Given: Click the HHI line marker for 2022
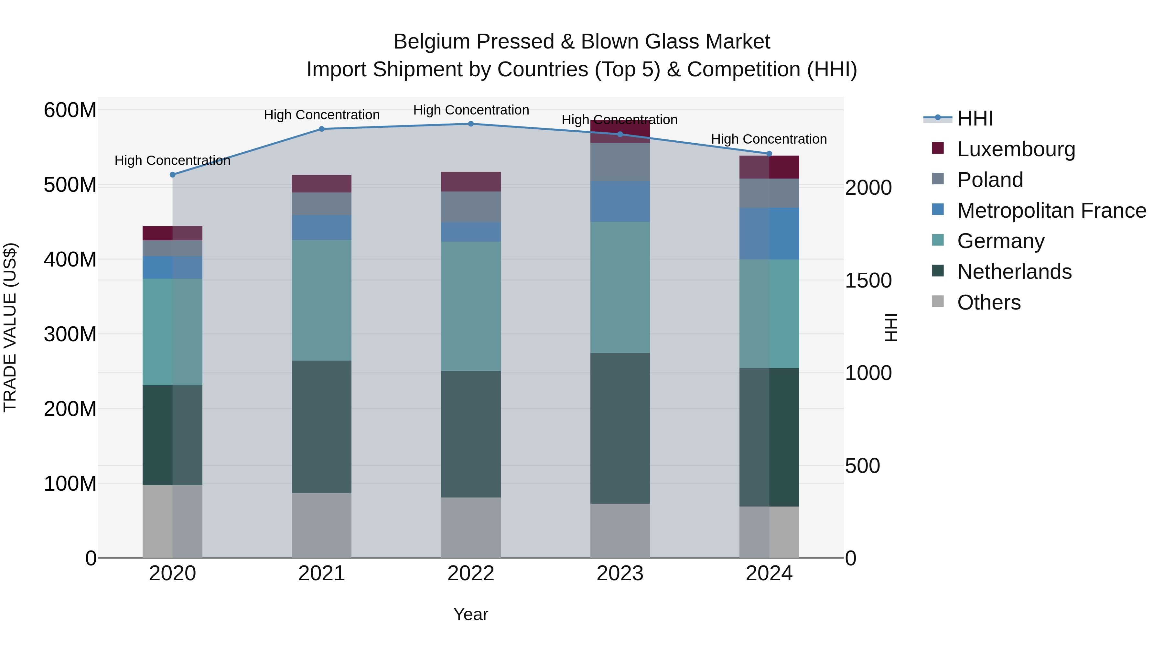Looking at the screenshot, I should click(x=470, y=124).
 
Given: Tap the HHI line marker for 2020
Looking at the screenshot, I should click(x=173, y=174).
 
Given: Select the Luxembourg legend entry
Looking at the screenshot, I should click(x=1016, y=149).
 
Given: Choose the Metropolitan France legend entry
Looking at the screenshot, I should click(x=1051, y=210).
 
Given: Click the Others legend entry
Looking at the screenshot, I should click(x=989, y=302).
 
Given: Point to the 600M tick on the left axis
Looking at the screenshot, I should click(x=70, y=110).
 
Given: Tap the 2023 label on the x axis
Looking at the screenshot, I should click(x=620, y=573).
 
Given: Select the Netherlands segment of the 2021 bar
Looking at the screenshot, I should click(x=321, y=426).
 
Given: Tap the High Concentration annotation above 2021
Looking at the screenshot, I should click(x=321, y=115).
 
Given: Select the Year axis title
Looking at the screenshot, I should click(x=470, y=614).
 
